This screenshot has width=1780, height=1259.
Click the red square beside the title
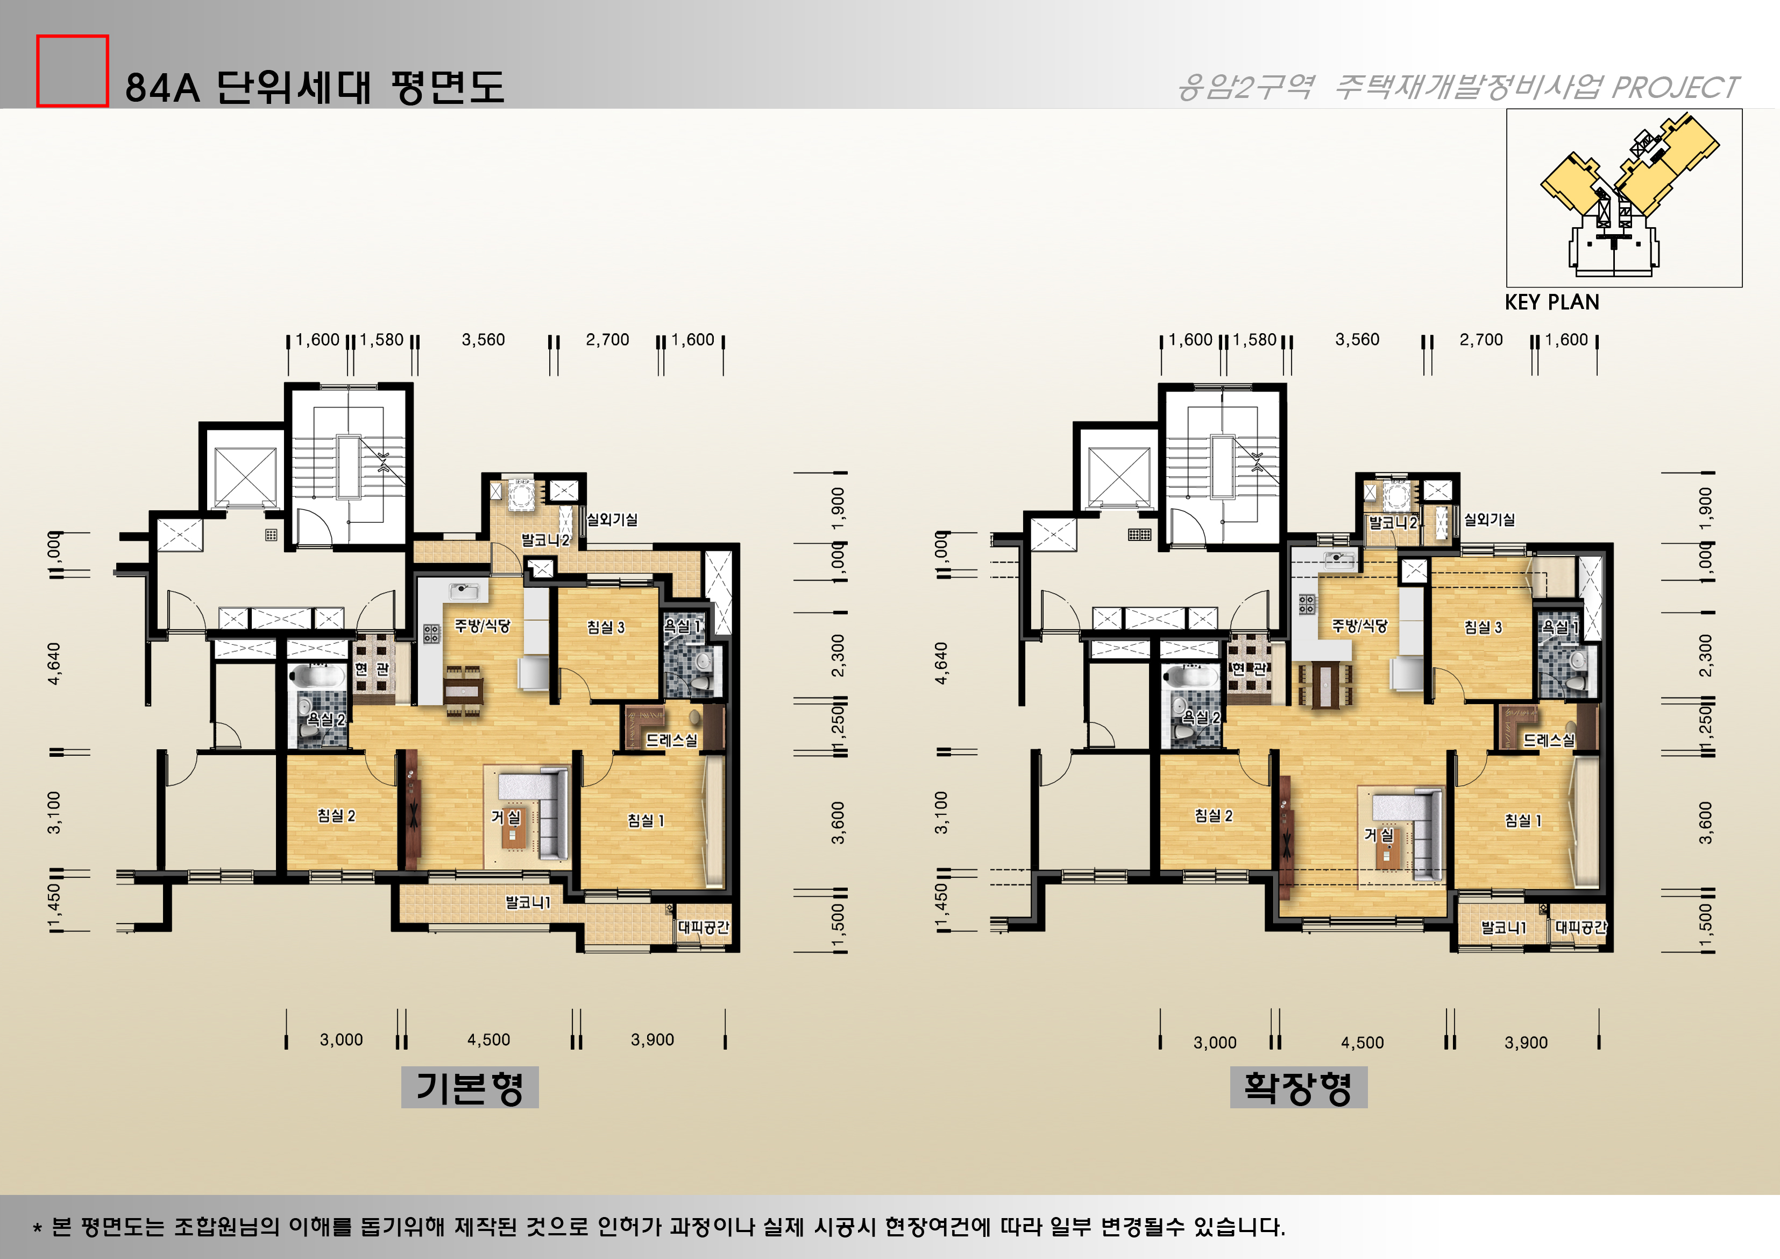click(72, 71)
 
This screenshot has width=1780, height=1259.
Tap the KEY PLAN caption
click(1551, 303)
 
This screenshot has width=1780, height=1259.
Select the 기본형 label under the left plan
click(469, 1087)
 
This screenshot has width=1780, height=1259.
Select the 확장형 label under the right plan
click(1298, 1087)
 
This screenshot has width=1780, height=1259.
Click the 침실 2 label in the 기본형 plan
click(336, 815)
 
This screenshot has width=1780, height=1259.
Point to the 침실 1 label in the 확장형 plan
click(1523, 820)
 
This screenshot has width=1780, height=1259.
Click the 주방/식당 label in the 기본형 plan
click(481, 625)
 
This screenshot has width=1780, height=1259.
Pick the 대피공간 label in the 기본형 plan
click(703, 927)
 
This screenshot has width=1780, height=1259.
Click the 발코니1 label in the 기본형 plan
click(527, 902)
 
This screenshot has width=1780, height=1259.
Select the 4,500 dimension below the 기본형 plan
click(488, 1039)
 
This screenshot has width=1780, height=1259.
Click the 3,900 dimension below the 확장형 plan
click(1526, 1043)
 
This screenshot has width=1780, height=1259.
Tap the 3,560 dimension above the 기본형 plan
click(483, 340)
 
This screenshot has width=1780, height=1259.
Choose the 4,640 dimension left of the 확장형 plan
click(941, 663)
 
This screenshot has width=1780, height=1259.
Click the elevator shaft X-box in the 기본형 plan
click(245, 475)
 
